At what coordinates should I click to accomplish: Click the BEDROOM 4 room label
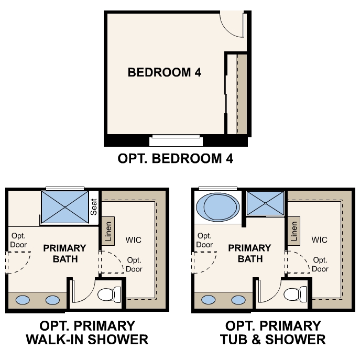pos(165,73)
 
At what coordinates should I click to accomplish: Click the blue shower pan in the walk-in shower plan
pos(65,207)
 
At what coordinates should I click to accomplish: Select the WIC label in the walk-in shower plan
pos(134,240)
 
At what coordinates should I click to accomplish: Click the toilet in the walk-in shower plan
pos(108,295)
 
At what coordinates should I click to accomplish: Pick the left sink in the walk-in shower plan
pos(23,300)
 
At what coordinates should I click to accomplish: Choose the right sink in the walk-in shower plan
pos(52,300)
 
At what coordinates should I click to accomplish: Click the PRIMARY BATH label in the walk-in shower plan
pos(64,253)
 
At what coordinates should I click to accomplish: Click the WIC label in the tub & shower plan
pos(319,240)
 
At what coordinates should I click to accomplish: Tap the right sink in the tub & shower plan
pos(238,300)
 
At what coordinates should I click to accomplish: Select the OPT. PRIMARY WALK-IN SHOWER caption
pos(87,332)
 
